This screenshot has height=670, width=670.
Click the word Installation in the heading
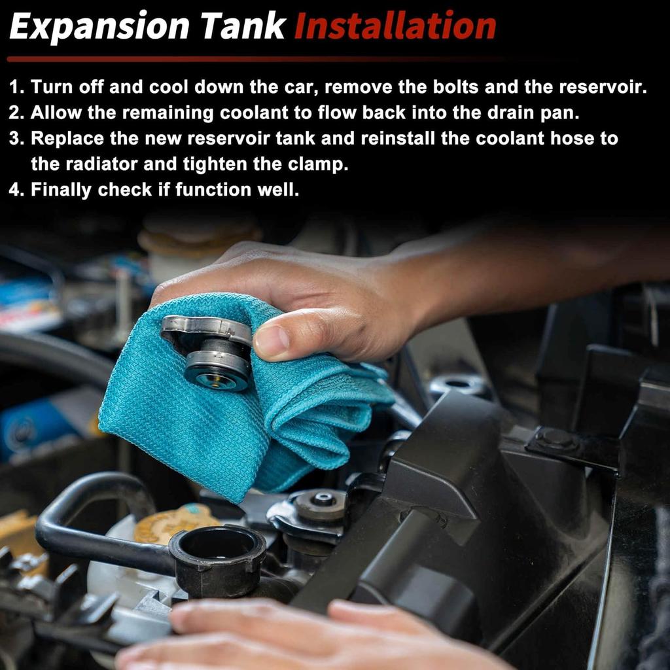[x=395, y=26]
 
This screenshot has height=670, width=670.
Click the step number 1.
[x=16, y=87]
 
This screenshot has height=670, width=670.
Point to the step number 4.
[x=16, y=190]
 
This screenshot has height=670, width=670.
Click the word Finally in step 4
[x=61, y=190]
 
